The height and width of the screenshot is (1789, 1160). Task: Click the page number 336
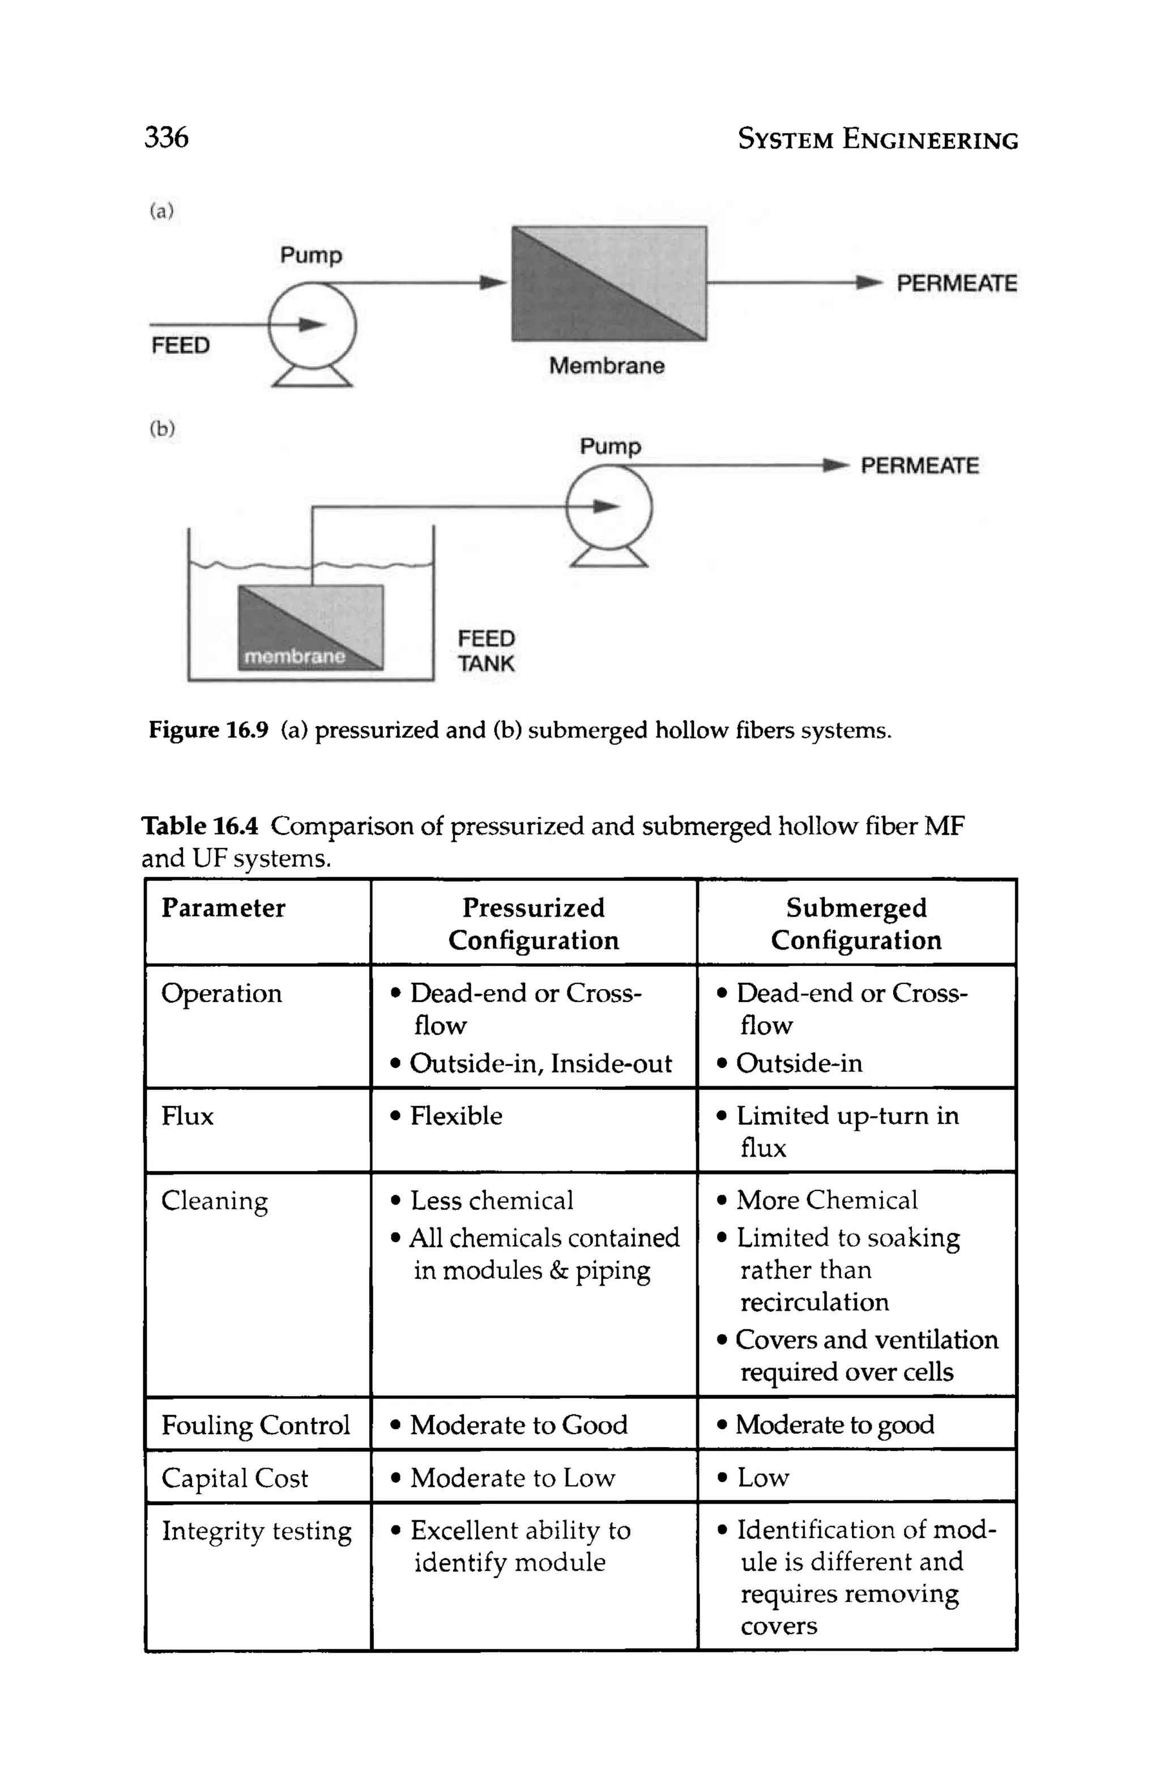[166, 138]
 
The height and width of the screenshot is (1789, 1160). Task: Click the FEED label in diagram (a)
[180, 345]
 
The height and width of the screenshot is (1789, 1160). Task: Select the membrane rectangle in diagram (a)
[608, 283]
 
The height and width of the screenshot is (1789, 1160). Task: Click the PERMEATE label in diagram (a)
[956, 283]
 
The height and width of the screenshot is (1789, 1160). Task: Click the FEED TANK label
[486, 651]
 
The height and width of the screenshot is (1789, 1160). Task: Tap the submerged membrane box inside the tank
[310, 628]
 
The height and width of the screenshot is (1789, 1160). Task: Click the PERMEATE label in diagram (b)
[919, 466]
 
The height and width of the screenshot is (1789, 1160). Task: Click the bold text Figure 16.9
[208, 730]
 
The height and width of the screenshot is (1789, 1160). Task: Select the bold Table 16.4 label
[200, 826]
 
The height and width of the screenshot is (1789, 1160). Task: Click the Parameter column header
[223, 908]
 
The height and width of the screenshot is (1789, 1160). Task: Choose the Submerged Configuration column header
[856, 924]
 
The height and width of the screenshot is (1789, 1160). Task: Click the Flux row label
[187, 1116]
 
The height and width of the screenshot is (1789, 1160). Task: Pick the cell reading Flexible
[456, 1116]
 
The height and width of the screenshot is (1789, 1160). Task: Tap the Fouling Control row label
[255, 1425]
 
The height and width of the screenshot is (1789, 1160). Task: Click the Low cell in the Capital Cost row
[762, 1478]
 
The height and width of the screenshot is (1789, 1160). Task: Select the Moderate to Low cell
[513, 1478]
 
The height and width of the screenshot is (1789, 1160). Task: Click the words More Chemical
[826, 1201]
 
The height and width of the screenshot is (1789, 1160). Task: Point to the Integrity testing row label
[256, 1531]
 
